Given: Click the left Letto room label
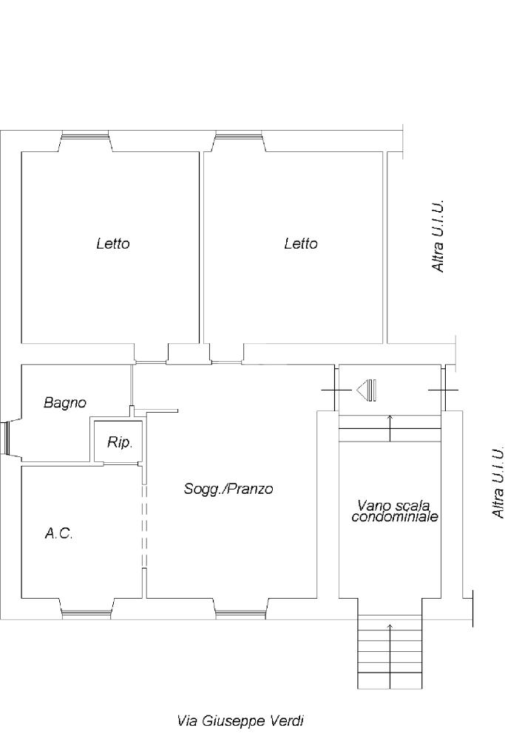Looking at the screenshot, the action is (113, 244).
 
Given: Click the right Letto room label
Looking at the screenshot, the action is (301, 244).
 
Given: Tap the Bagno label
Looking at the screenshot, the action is (65, 403).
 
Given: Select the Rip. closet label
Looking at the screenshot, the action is (120, 443).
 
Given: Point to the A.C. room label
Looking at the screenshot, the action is (59, 534).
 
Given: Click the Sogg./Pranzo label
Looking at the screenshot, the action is (228, 489).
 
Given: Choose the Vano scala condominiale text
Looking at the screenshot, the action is (394, 512).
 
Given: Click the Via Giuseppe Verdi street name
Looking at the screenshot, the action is (240, 721).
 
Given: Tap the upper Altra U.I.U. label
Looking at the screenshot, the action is (438, 236).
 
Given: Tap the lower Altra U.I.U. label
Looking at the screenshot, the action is (498, 482).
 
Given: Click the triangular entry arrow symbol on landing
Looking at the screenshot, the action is (367, 390).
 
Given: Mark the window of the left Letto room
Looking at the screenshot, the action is (86, 136).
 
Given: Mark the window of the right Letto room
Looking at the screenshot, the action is (239, 136).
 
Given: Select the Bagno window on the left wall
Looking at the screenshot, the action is (5, 439).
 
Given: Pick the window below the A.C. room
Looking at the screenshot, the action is (87, 614).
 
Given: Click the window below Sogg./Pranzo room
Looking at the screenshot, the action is (240, 614).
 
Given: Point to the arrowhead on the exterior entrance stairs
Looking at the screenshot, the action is (390, 626).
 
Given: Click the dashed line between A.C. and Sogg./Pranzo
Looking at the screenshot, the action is (144, 525).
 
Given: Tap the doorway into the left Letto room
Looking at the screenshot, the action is (151, 362).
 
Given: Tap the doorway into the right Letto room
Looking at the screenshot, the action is (226, 362).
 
